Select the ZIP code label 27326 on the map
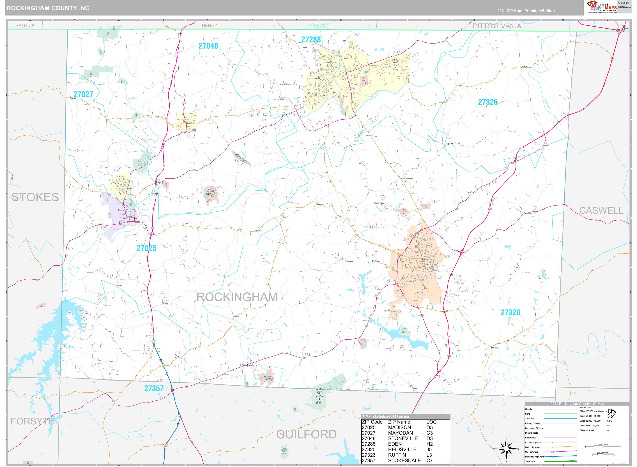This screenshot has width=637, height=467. (488, 102)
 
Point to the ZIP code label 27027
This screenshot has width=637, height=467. (83, 94)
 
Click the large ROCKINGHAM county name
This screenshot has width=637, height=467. (237, 297)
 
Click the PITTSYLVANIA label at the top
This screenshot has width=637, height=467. (497, 26)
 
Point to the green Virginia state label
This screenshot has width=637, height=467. (318, 26)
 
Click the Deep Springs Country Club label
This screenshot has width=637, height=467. (210, 193)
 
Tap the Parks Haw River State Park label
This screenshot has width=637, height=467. (319, 396)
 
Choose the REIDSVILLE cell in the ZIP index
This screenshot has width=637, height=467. (402, 449)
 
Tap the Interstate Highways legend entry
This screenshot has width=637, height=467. (534, 457)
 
